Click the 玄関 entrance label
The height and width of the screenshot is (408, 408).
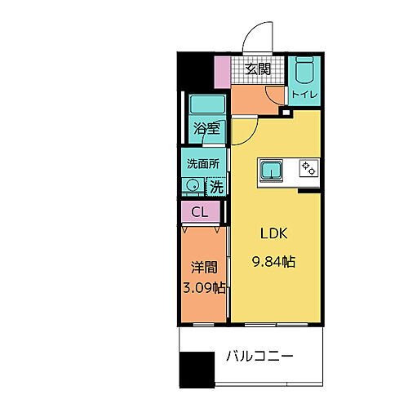point(259,69)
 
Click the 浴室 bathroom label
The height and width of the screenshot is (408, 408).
point(206,128)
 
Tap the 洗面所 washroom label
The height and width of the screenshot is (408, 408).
point(203,163)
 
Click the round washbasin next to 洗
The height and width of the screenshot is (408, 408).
point(193,186)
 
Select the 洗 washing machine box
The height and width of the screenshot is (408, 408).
point(215,186)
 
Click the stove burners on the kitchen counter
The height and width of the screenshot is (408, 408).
point(308,167)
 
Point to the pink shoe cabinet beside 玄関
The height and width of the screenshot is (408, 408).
point(223,71)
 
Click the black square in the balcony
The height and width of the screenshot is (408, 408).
point(197,369)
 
